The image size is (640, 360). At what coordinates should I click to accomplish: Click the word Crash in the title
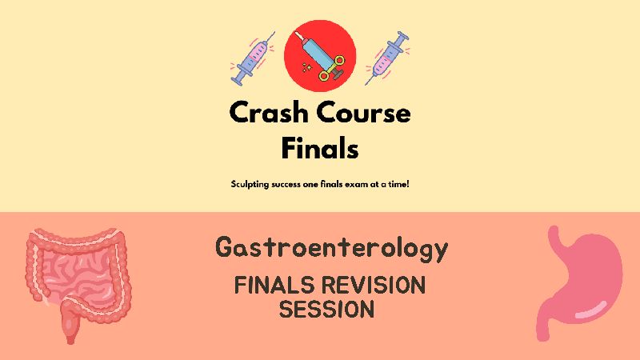click(x=268, y=112)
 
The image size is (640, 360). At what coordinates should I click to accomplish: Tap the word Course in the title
click(x=363, y=112)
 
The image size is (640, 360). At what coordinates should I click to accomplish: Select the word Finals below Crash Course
click(x=320, y=148)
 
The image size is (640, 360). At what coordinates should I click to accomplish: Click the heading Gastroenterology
click(x=331, y=248)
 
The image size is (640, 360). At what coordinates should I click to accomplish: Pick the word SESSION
click(x=326, y=309)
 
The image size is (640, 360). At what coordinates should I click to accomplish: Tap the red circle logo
click(x=320, y=56)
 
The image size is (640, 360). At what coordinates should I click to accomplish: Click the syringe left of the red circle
click(x=252, y=58)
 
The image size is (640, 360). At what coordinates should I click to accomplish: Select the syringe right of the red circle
click(x=387, y=58)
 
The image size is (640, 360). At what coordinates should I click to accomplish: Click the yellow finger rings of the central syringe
click(x=331, y=69)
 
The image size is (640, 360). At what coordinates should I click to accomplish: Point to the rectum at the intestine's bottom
click(x=70, y=322)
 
